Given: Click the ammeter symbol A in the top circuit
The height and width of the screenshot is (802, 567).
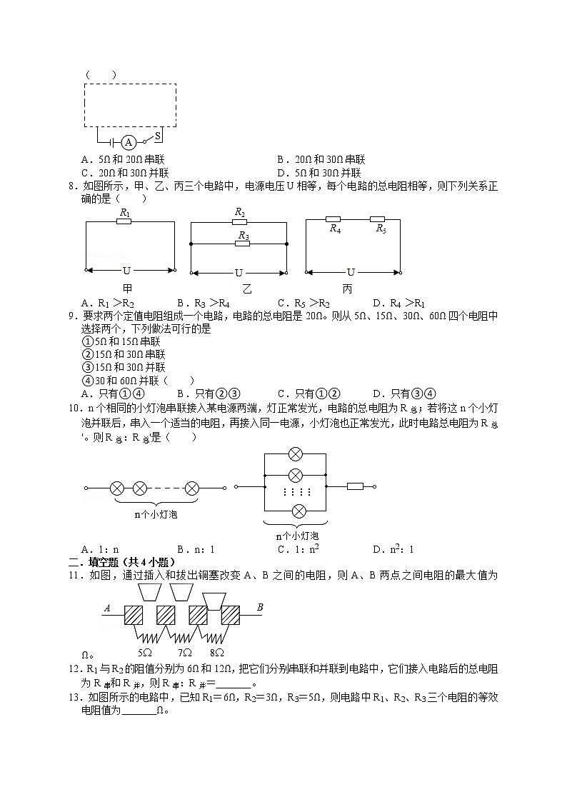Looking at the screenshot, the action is (x=129, y=142).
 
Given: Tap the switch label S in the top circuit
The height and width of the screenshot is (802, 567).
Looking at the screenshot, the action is (x=158, y=134).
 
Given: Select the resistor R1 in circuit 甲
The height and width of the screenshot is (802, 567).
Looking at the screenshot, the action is (x=124, y=221).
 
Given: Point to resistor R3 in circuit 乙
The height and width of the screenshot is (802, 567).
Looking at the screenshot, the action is (x=243, y=244).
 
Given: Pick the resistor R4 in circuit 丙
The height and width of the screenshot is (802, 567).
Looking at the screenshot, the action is (x=333, y=219).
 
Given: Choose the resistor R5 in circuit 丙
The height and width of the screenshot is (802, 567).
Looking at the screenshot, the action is (x=378, y=219).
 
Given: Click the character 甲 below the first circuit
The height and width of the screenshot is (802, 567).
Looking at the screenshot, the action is (x=127, y=289).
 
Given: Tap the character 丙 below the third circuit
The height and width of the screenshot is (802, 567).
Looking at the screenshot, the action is (x=347, y=289).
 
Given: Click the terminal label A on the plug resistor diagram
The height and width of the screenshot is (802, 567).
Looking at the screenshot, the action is (x=108, y=608).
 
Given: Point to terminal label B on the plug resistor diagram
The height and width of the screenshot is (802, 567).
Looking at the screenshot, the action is (x=260, y=608).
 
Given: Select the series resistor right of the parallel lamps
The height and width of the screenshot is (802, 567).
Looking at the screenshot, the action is (x=355, y=486).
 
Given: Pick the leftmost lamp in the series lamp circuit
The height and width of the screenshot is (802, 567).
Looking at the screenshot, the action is (x=117, y=488).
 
